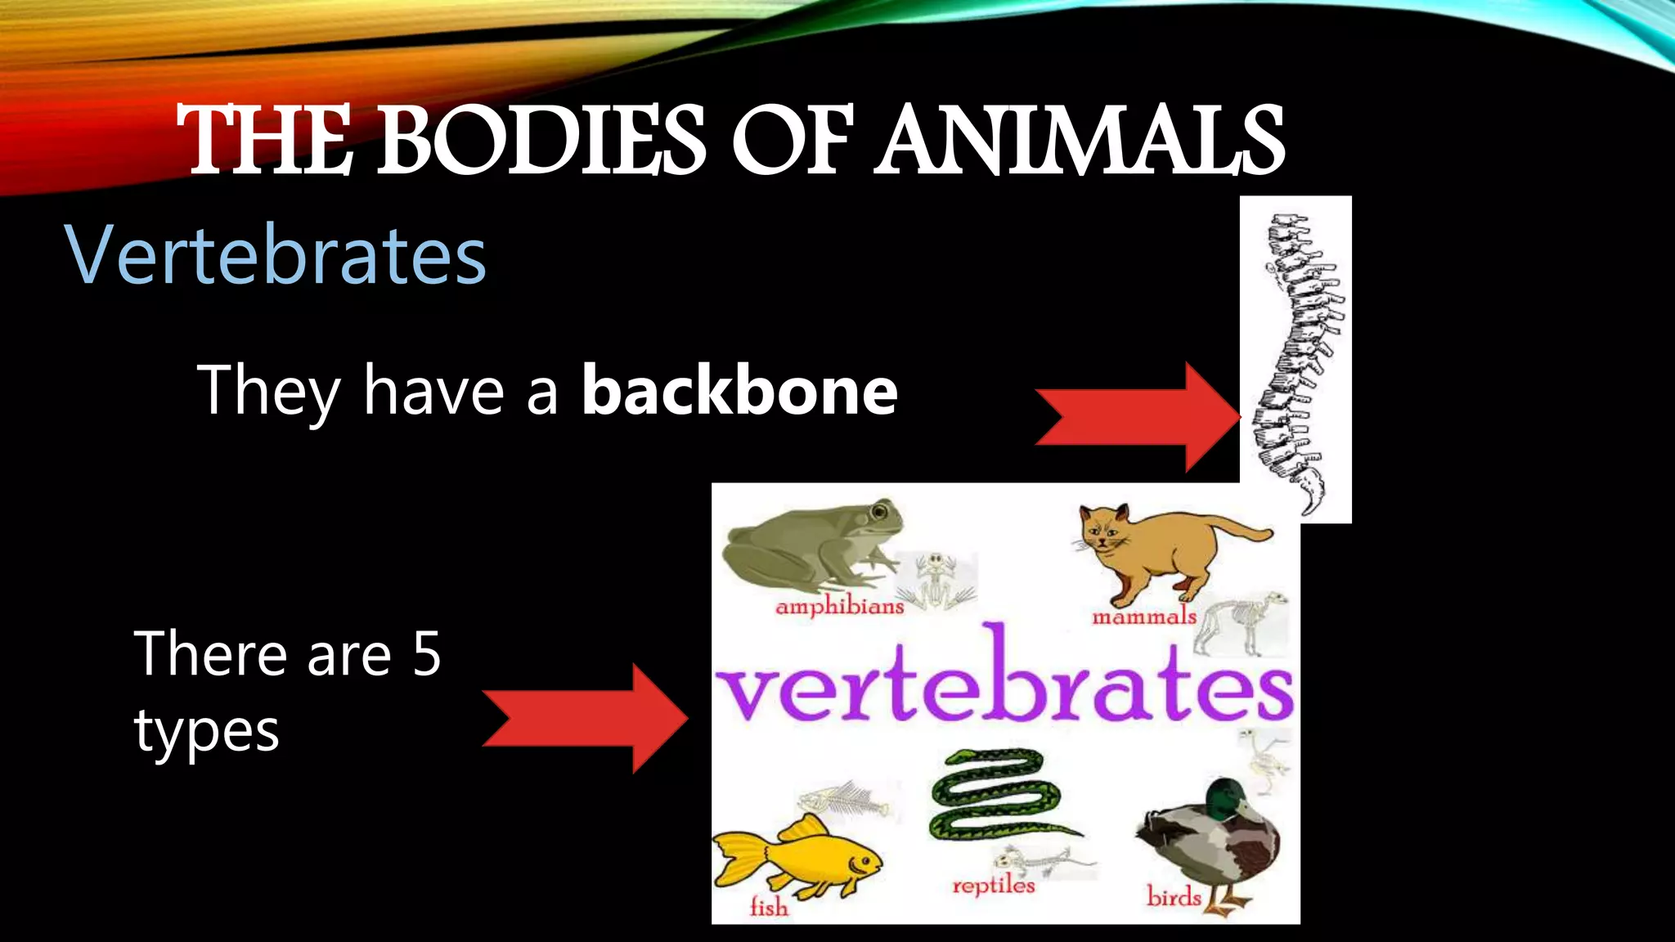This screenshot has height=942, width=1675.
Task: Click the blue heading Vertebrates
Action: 276,255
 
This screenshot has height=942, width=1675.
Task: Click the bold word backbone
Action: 739,391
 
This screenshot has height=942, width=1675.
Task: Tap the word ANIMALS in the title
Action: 1080,141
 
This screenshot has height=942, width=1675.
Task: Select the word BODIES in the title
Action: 540,141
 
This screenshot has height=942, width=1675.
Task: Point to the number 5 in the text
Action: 426,654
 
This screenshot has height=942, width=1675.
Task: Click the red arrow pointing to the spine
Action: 1137,417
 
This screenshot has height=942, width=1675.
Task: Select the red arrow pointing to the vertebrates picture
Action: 585,718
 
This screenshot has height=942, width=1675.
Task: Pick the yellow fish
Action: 797,859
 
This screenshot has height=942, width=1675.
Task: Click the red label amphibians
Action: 840,607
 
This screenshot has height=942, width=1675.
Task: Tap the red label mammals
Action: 1144,617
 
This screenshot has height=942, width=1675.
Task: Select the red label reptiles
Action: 994,886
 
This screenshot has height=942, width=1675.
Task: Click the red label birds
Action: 1174,897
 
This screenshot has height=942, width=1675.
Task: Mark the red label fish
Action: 769,907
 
